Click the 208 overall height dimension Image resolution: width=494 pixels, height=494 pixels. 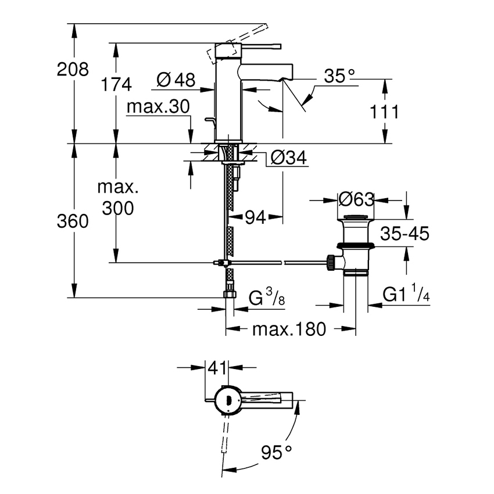click(x=73, y=70)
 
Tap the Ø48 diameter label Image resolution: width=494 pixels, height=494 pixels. click(x=176, y=80)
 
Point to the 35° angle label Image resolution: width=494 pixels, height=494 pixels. click(x=339, y=76)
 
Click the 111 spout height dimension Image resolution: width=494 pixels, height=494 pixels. click(x=384, y=112)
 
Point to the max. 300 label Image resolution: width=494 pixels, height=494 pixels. click(x=117, y=198)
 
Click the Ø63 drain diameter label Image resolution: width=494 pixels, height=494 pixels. click(x=355, y=199)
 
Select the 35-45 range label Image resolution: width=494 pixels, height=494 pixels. click(x=404, y=234)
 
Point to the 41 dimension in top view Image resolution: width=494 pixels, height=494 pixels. click(x=217, y=367)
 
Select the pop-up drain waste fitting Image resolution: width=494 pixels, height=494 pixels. click(x=354, y=244)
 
